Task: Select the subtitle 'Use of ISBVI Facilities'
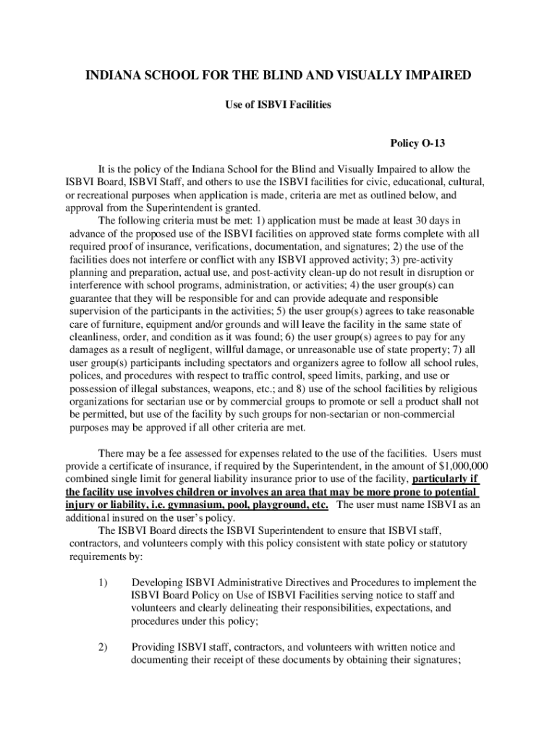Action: [x=278, y=105]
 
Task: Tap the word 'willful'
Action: [x=226, y=350]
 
